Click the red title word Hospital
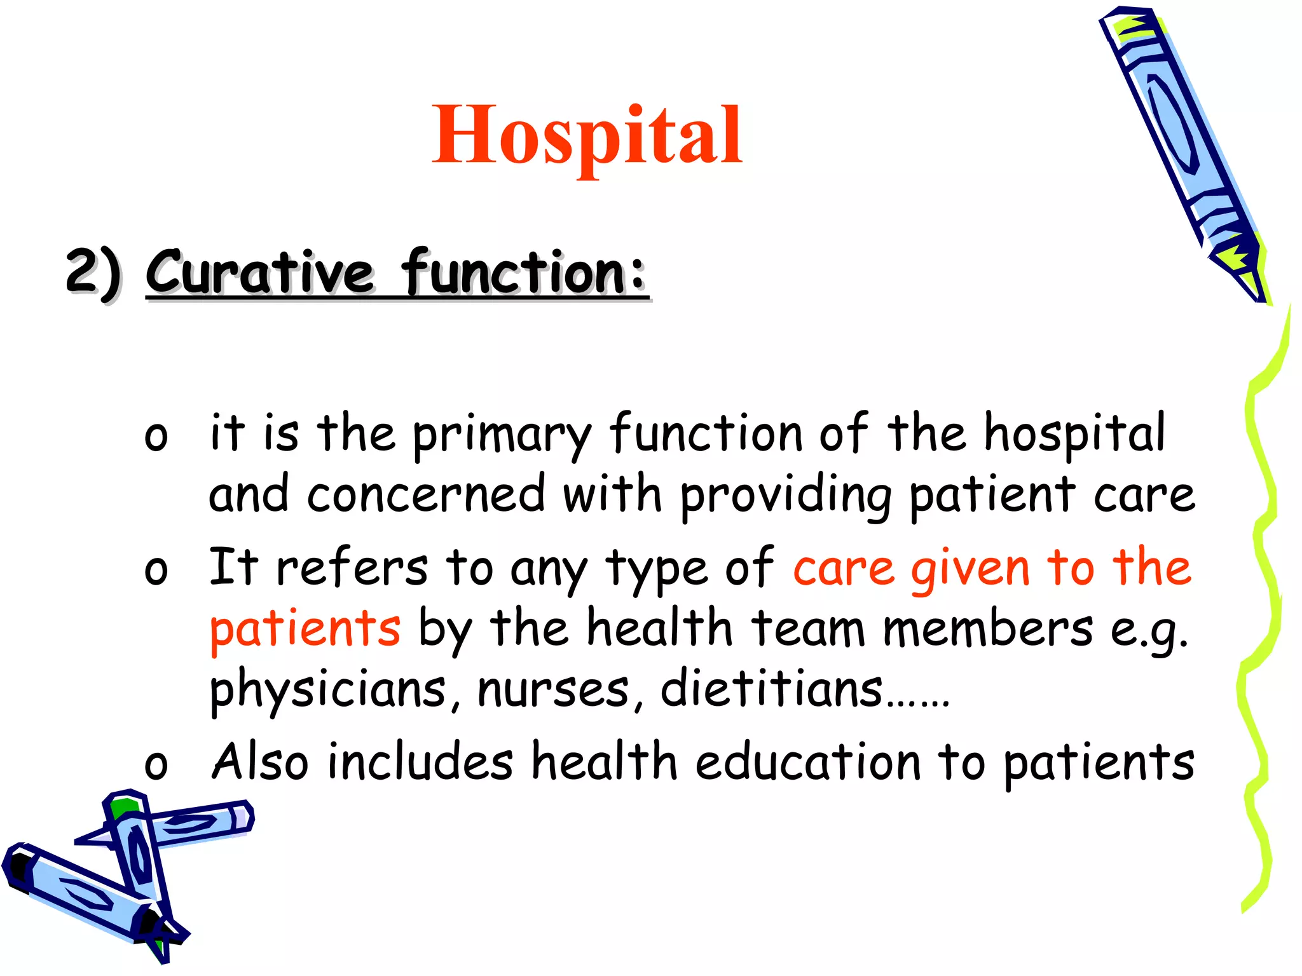pos(586,135)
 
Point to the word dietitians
pos(771,689)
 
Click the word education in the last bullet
pos(807,762)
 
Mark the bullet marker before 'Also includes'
pos(156,765)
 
